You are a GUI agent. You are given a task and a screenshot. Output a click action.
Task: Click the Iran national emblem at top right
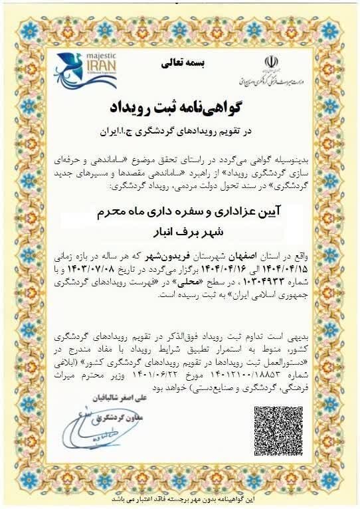[270, 63]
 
